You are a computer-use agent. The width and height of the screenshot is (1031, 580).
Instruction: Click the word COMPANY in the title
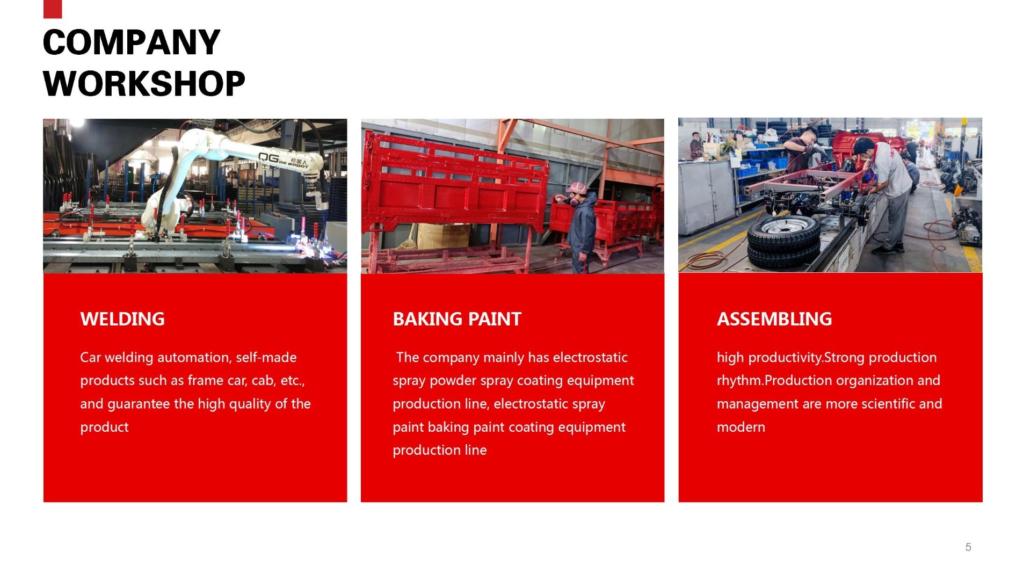click(132, 42)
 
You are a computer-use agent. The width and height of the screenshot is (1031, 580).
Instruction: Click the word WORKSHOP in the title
click(144, 84)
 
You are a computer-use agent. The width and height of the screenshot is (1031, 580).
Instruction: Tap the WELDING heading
click(122, 319)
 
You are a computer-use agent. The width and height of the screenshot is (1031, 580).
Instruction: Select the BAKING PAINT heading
click(457, 319)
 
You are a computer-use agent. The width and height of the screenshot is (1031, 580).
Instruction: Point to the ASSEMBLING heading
click(774, 319)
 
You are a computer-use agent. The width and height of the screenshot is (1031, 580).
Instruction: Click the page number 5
click(968, 547)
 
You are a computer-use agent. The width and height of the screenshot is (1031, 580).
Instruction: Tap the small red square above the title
click(53, 9)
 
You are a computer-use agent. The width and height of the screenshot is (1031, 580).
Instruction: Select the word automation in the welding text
click(194, 358)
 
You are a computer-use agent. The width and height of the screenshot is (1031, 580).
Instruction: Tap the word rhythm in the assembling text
click(738, 381)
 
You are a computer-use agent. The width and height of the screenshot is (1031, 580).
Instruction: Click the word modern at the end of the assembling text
click(741, 427)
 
